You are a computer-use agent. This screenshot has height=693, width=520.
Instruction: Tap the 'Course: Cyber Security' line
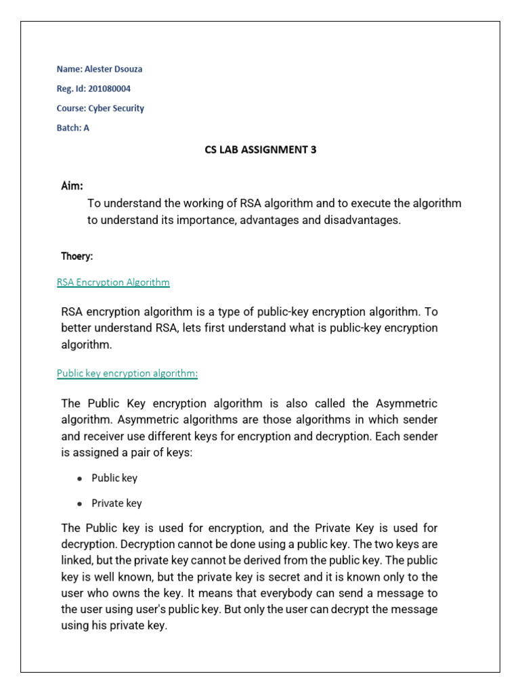(100, 108)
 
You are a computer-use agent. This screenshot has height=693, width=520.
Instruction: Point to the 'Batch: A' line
(73, 128)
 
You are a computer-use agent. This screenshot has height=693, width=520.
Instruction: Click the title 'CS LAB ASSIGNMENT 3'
(261, 150)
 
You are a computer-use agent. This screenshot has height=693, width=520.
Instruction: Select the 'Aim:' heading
(72, 185)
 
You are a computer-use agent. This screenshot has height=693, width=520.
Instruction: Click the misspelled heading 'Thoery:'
(77, 256)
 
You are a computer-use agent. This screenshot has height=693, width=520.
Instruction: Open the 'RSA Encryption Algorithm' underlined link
(113, 282)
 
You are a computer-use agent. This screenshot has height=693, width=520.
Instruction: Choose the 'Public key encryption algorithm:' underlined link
(127, 374)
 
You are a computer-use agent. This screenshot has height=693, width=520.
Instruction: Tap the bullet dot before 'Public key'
(80, 478)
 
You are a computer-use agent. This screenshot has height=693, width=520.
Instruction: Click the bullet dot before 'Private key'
(80, 504)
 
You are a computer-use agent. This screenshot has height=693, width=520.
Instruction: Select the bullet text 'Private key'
(116, 504)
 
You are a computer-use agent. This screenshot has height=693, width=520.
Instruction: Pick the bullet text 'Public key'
(114, 478)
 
